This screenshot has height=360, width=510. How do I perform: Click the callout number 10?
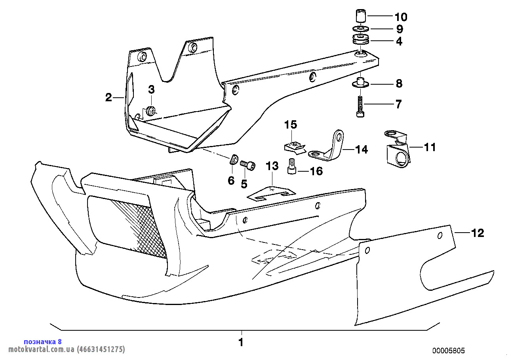pyautogui.click(x=401, y=17)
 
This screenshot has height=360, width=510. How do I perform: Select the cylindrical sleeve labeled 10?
pyautogui.click(x=361, y=16)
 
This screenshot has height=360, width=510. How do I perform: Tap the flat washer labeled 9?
pyautogui.click(x=361, y=29)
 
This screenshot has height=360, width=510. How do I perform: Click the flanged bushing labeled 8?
pyautogui.click(x=361, y=83)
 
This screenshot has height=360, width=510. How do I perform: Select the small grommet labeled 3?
pyautogui.click(x=150, y=111)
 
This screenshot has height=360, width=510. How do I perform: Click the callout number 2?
pyautogui.click(x=108, y=97)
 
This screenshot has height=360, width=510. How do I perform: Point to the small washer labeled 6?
pyautogui.click(x=233, y=159)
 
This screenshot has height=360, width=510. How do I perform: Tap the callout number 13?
pyautogui.click(x=272, y=166)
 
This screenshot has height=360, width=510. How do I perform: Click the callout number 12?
pyautogui.click(x=478, y=233)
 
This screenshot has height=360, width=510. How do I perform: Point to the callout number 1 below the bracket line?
pyautogui.click(x=241, y=342)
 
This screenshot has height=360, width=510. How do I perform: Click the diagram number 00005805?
pyautogui.click(x=449, y=351)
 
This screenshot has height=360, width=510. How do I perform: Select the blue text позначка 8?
pyautogui.click(x=43, y=342)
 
